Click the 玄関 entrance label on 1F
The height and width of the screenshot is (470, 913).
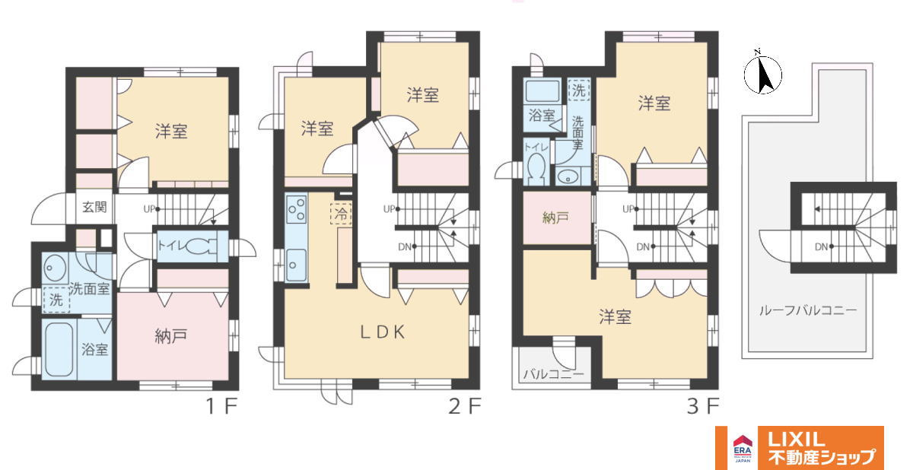(x=94, y=208)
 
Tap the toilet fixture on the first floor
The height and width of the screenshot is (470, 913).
(x=202, y=246)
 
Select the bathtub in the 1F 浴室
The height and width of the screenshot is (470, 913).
(x=59, y=349)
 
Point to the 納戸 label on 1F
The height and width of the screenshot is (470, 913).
(x=171, y=336)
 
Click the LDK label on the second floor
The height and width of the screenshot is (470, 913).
(x=383, y=332)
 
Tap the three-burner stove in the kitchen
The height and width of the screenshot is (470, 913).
(x=296, y=209)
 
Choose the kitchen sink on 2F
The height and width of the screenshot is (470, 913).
(x=296, y=265)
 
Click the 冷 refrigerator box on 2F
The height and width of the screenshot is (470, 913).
(x=341, y=214)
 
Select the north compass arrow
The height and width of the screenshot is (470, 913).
(x=763, y=74)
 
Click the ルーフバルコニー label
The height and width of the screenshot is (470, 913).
(x=808, y=311)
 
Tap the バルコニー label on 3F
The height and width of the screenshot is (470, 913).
(x=553, y=373)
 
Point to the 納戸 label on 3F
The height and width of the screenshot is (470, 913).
(x=556, y=218)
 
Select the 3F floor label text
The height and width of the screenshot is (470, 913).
(x=703, y=406)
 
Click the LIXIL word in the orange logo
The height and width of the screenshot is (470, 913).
(x=796, y=440)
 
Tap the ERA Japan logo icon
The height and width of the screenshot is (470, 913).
(x=743, y=448)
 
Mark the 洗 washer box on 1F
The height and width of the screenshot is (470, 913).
(x=56, y=300)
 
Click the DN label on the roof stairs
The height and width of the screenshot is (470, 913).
(x=821, y=247)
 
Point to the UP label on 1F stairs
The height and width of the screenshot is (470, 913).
(x=149, y=209)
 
